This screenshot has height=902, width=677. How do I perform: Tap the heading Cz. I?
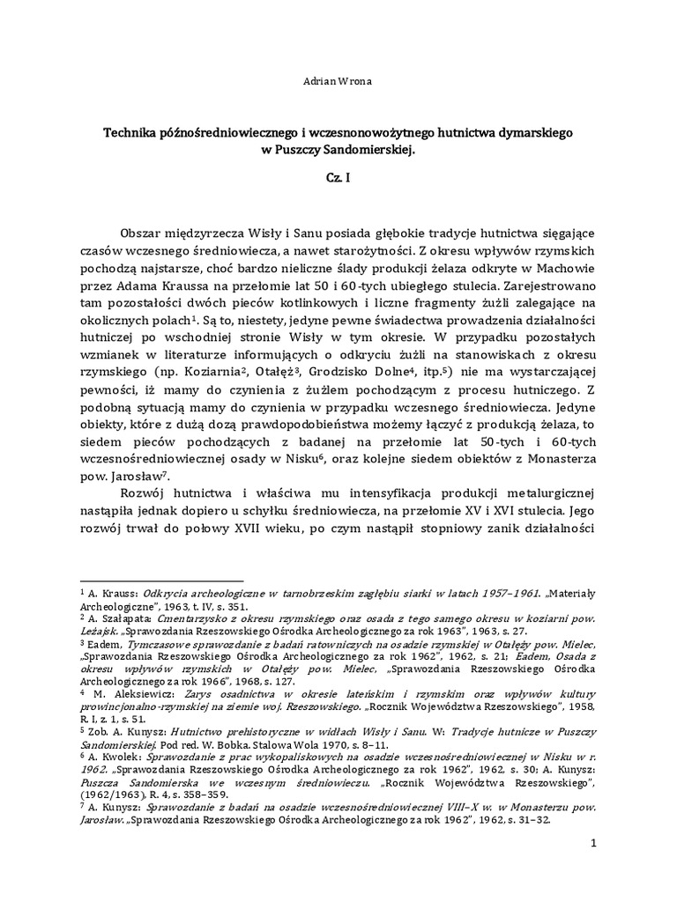click(337, 177)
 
